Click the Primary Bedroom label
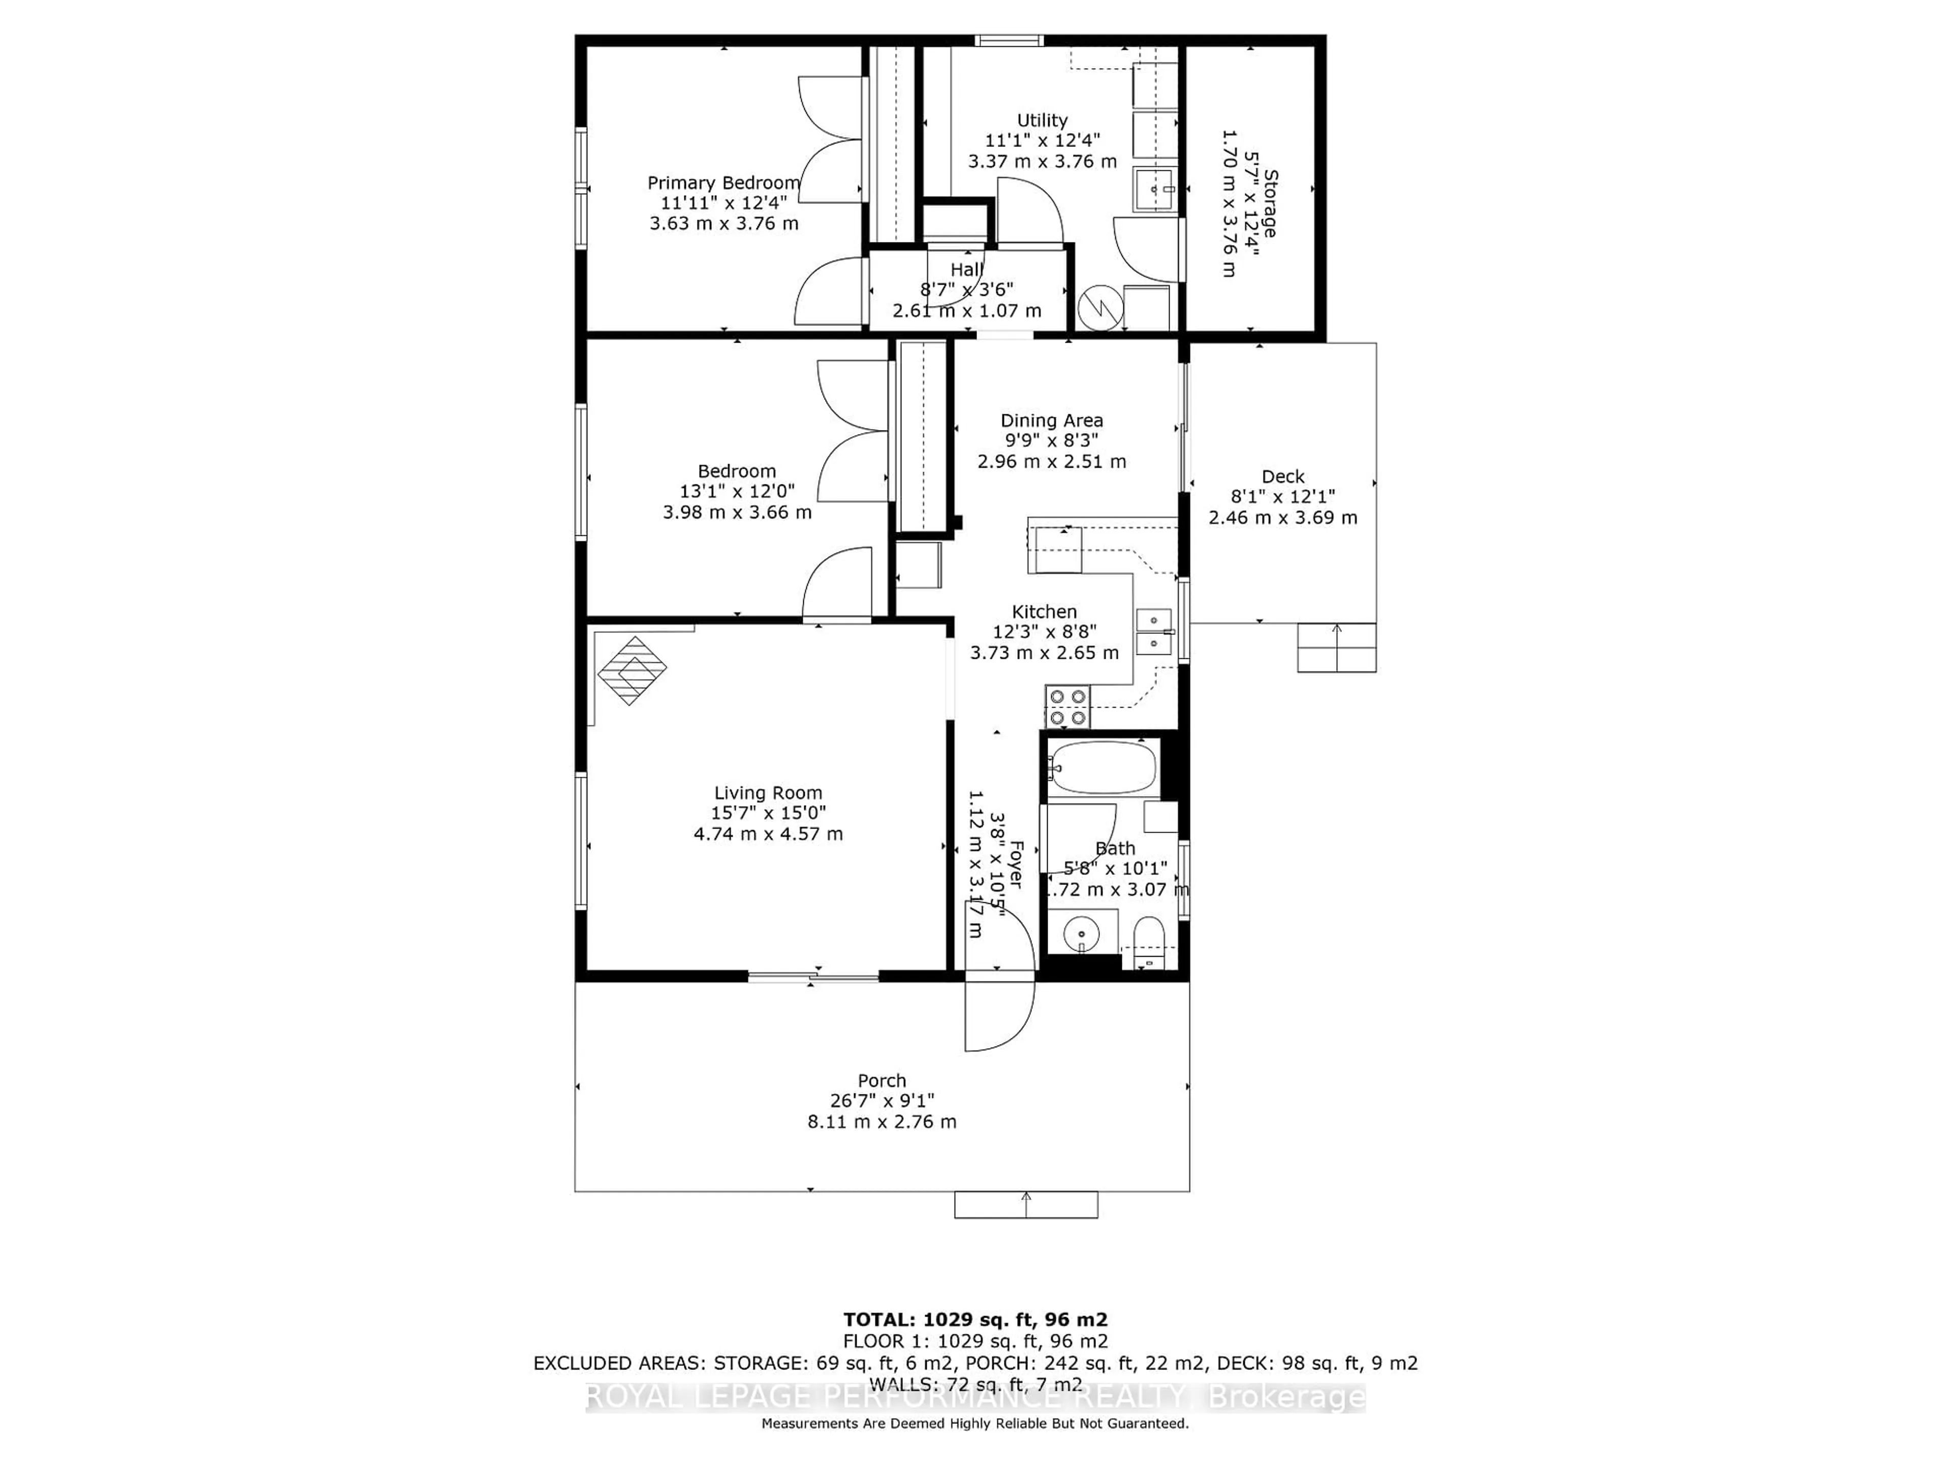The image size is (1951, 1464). tap(723, 182)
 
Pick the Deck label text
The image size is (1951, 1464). tap(1282, 476)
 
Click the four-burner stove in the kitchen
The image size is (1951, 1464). tap(1067, 707)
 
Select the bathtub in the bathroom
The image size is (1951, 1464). tap(1103, 768)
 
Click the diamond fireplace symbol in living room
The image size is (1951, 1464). tap(632, 670)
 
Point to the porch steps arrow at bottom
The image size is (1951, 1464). tap(1026, 1204)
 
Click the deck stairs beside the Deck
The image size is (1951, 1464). tap(1336, 648)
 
